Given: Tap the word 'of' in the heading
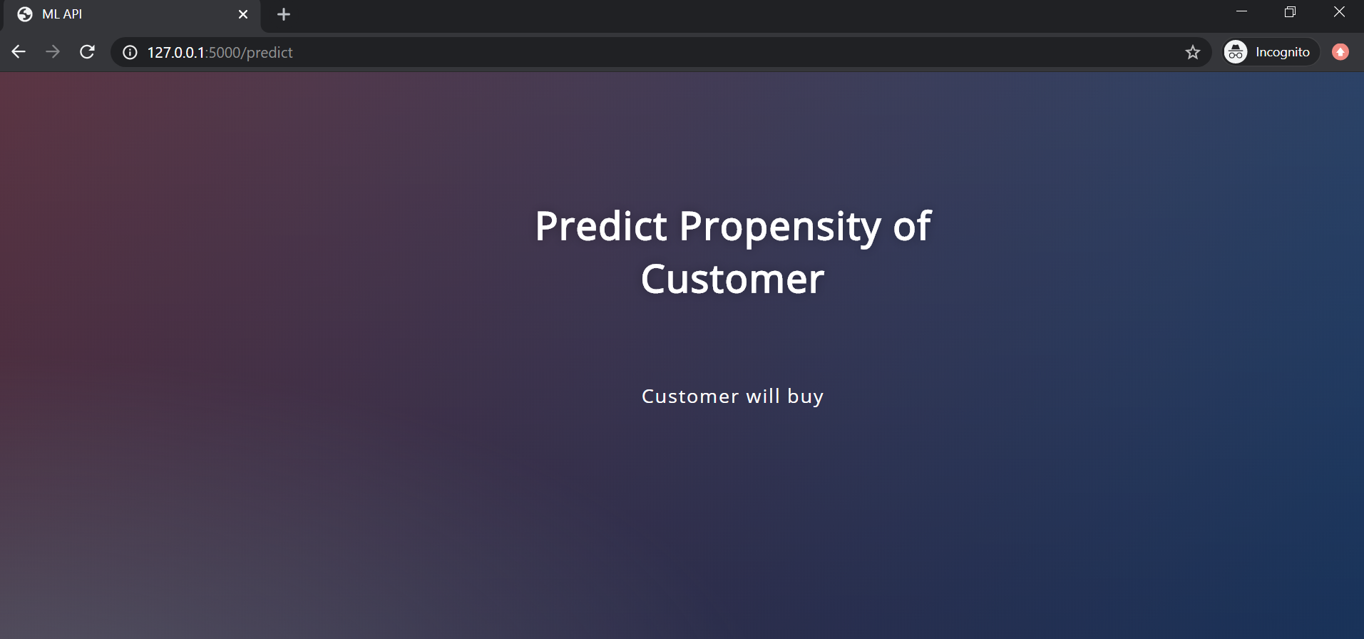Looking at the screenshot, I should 912,227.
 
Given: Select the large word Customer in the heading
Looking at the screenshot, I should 732,280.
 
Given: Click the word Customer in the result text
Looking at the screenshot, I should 689,397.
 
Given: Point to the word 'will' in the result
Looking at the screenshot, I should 762,397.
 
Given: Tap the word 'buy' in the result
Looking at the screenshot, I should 805,397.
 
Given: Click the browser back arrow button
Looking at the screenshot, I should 19,52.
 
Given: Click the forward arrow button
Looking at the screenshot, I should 53,52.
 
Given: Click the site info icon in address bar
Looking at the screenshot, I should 130,52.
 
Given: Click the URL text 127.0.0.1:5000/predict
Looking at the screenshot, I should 220,53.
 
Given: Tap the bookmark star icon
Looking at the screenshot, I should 1193,52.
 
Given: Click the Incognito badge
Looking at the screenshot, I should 1270,52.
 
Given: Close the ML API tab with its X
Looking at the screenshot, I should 243,14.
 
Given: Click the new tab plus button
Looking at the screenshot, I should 284,14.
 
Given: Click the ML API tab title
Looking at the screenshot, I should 62,14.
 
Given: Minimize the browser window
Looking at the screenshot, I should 1241,11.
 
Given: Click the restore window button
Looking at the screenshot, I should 1290,11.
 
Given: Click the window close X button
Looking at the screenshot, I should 1339,11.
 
